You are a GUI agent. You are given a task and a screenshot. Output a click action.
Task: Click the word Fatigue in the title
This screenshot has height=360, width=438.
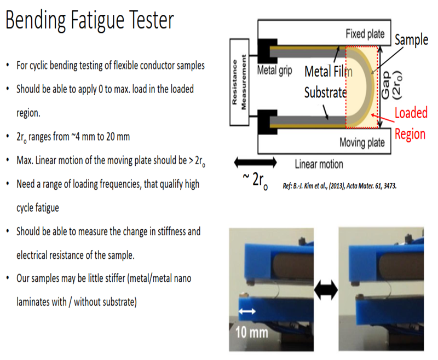pyautogui.click(x=95, y=21)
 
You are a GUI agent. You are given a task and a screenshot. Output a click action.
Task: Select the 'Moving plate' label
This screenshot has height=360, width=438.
pyautogui.click(x=362, y=143)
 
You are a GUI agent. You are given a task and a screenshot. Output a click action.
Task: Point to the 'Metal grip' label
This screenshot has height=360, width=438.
pyautogui.click(x=275, y=71)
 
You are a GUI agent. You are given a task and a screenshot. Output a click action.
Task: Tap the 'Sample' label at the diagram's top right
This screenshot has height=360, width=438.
pyautogui.click(x=412, y=40)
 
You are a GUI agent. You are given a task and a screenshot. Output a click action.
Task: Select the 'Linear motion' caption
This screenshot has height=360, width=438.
pyautogui.click(x=319, y=164)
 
